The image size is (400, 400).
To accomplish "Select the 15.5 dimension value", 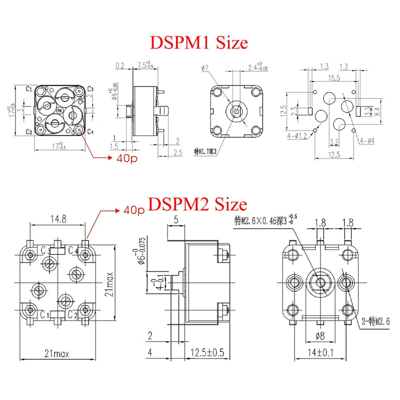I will (334, 78).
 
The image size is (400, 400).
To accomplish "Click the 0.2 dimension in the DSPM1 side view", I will (120, 65).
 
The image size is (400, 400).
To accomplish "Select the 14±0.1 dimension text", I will (321, 353).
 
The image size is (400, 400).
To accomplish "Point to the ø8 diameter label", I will (321, 335).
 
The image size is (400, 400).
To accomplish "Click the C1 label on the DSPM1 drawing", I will (29, 89).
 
